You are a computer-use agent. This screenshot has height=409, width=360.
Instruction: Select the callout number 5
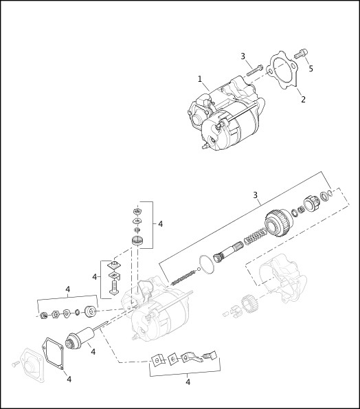[311, 69]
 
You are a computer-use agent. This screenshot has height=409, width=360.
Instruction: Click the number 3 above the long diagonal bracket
[255, 195]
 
